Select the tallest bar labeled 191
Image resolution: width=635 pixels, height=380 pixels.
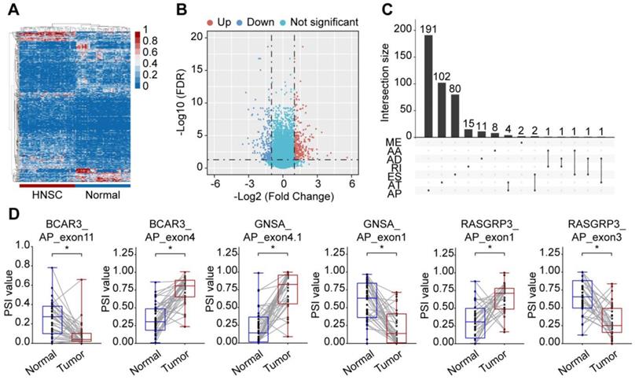(x=429, y=87)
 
